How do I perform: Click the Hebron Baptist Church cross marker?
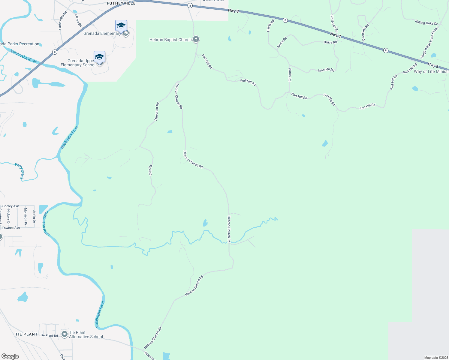click(196, 39)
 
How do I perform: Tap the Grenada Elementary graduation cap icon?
click(121, 26)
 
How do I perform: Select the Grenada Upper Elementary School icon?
click(99, 57)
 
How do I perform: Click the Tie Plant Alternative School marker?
click(65, 334)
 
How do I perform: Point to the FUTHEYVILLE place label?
click(121, 3)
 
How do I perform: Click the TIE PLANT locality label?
click(26, 334)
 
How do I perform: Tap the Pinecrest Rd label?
click(156, 112)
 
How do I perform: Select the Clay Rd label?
click(150, 170)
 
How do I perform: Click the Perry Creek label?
click(20, 171)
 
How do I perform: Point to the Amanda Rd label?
click(326, 70)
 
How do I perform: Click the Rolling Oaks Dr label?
click(426, 22)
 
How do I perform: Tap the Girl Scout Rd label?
click(334, 23)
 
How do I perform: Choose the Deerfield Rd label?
click(365, 32)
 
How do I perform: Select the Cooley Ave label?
click(11, 206)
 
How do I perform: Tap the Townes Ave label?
click(11, 228)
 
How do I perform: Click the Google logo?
click(10, 356)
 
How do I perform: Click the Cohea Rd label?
click(78, 20)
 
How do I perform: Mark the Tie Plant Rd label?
click(49, 335)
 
